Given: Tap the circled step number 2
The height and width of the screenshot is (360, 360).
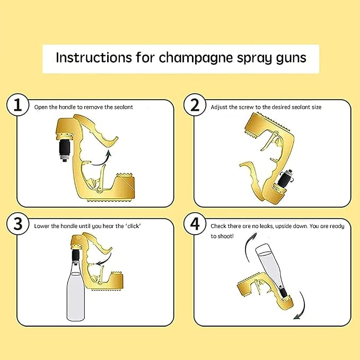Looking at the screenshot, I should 195,105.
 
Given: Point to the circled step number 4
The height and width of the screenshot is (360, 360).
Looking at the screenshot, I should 195,224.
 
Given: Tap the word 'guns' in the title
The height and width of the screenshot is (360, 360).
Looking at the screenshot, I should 291,58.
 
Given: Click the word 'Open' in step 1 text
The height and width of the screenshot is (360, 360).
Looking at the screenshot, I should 41,107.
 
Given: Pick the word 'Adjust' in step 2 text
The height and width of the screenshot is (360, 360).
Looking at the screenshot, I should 219,107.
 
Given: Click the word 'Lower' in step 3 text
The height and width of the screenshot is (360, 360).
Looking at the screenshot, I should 42,226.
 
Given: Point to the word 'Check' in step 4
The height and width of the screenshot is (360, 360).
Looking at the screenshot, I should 219,226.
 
